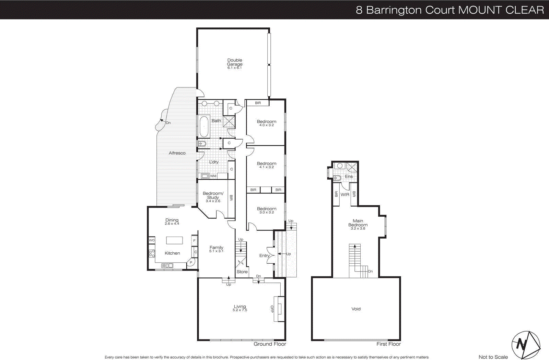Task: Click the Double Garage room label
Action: click(x=235, y=63)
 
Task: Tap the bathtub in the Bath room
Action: click(x=204, y=126)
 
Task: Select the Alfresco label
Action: click(x=177, y=153)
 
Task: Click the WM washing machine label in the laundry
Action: click(x=213, y=176)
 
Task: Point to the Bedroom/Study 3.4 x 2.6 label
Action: click(x=213, y=197)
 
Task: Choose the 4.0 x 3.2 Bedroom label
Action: click(x=266, y=123)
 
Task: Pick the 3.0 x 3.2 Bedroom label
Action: click(x=266, y=210)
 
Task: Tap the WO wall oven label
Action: click(x=152, y=240)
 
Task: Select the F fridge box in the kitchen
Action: click(x=195, y=241)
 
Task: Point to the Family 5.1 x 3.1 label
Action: click(x=216, y=249)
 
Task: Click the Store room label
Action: click(x=242, y=272)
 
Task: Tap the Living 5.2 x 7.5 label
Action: click(x=240, y=308)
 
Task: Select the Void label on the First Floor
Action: click(x=356, y=309)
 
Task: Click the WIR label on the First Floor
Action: click(x=345, y=194)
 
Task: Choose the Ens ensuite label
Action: click(x=349, y=176)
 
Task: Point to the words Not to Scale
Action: click(x=493, y=357)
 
